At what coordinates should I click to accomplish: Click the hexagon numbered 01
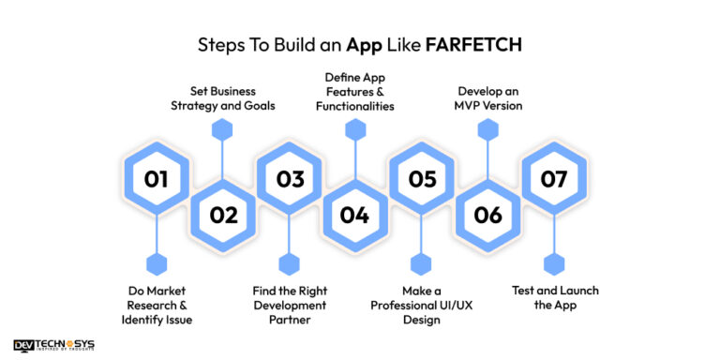[x=157, y=178]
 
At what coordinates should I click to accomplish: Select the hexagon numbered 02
[x=223, y=216]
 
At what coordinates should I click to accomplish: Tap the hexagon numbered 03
[x=290, y=178]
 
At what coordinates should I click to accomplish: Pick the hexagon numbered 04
[x=355, y=216]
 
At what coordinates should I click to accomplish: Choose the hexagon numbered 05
[x=422, y=178]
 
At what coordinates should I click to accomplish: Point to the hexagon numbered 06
[x=487, y=216]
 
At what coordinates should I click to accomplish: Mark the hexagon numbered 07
[x=554, y=178]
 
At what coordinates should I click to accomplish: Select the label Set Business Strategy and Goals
[x=222, y=98]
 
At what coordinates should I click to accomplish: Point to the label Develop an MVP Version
[x=489, y=98]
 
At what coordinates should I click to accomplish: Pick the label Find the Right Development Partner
[x=290, y=306]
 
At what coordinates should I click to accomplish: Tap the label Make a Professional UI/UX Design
[x=422, y=306]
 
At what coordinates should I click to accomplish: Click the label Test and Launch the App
[x=554, y=298]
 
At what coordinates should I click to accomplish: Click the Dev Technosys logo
[x=54, y=346]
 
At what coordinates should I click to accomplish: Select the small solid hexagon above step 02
[x=222, y=130]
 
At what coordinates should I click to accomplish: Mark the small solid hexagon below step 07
[x=554, y=264]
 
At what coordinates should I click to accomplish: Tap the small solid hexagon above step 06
[x=487, y=130]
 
